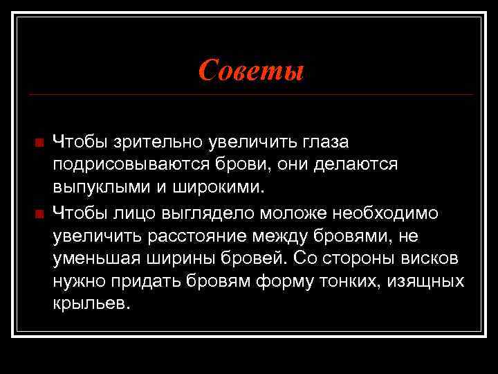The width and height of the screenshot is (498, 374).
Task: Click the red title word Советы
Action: (250, 69)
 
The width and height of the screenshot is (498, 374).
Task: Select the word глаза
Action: (324, 142)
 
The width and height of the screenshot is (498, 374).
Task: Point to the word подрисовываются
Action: (129, 165)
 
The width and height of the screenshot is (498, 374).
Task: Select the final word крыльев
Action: (90, 305)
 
